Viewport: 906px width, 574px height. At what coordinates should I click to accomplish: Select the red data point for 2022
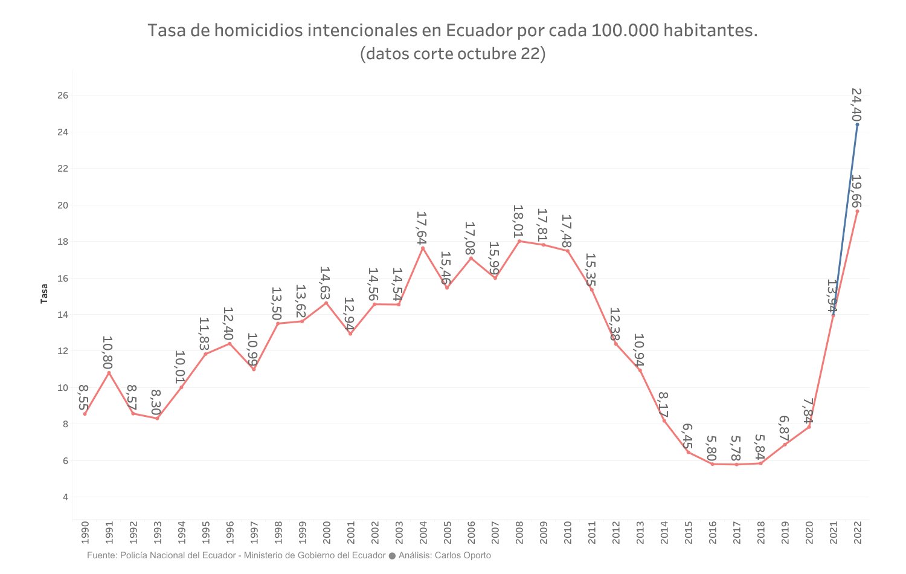click(x=857, y=211)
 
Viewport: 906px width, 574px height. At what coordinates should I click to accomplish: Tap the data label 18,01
click(x=519, y=221)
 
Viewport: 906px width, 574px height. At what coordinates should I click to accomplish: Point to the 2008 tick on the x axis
click(x=519, y=532)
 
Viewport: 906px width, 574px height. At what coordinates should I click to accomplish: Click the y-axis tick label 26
click(x=63, y=95)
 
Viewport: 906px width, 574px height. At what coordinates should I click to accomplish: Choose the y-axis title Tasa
click(x=44, y=294)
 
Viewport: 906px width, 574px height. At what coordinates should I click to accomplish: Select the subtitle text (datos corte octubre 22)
click(x=453, y=54)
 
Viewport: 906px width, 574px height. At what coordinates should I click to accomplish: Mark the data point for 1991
click(x=109, y=373)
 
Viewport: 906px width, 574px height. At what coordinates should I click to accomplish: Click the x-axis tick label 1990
click(x=85, y=532)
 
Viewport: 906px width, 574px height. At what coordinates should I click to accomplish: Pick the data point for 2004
click(x=423, y=248)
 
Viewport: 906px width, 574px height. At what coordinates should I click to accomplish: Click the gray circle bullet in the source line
click(x=392, y=556)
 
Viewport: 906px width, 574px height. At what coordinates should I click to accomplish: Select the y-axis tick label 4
click(x=65, y=497)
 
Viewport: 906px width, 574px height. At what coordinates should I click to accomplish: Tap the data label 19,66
click(x=856, y=191)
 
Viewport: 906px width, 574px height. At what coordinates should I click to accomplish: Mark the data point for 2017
click(x=736, y=464)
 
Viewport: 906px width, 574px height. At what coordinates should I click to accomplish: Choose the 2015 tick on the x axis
click(x=688, y=532)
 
